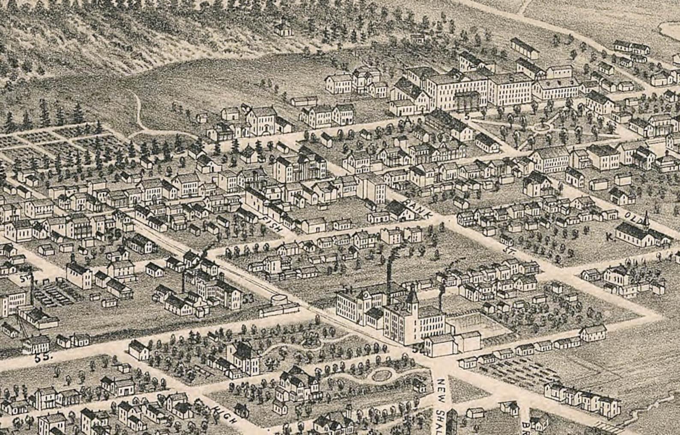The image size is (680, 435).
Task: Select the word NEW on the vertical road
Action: (x=442, y=387)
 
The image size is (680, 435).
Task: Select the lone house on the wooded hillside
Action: (x=281, y=29)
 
